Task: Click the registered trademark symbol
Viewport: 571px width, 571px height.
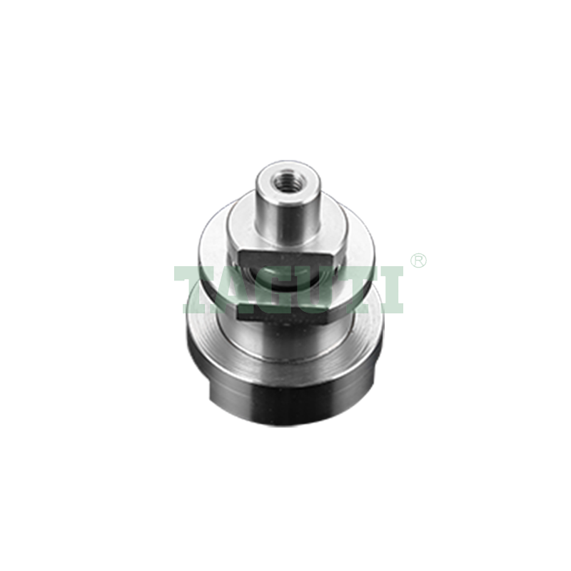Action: (x=418, y=261)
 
